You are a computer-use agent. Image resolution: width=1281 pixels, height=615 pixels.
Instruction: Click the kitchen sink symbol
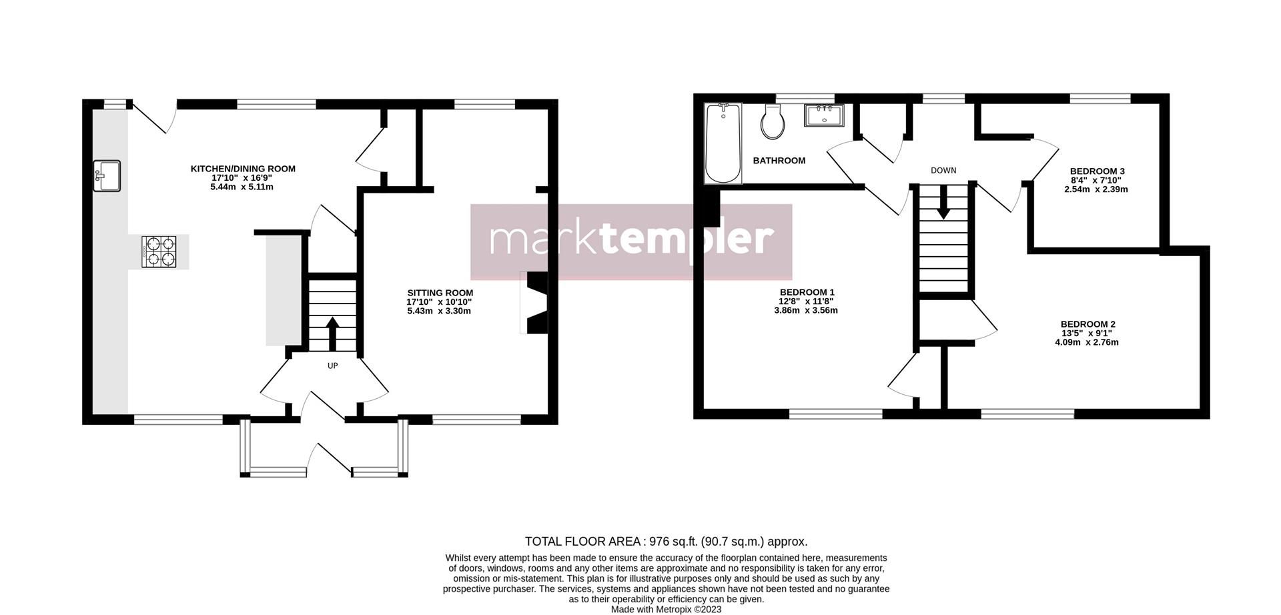coord(107,176)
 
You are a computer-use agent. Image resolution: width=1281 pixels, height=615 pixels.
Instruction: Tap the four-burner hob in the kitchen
coord(159,251)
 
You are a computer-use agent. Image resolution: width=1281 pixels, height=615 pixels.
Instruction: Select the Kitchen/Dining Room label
coord(243,169)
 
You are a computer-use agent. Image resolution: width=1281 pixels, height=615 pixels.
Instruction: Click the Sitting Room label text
coord(440,293)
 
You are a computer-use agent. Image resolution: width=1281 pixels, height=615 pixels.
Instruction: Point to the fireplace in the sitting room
coord(534,302)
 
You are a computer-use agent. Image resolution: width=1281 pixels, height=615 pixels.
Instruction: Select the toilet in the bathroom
coord(773,121)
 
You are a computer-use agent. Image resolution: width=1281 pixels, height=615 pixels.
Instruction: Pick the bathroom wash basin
coord(825,115)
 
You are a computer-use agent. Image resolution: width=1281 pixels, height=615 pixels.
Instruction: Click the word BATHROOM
coord(779,161)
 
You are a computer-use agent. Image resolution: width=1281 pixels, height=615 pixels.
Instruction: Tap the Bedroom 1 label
coord(807,292)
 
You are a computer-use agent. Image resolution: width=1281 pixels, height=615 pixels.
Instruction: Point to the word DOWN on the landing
coord(943,171)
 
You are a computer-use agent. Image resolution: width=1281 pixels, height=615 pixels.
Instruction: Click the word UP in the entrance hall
coord(332,366)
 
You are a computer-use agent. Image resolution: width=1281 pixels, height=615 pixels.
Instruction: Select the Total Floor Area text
coord(666,542)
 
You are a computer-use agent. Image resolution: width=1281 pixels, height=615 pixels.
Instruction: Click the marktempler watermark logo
coord(631,241)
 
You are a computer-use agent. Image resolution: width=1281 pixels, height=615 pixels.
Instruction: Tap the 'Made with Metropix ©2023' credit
coord(666,609)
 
